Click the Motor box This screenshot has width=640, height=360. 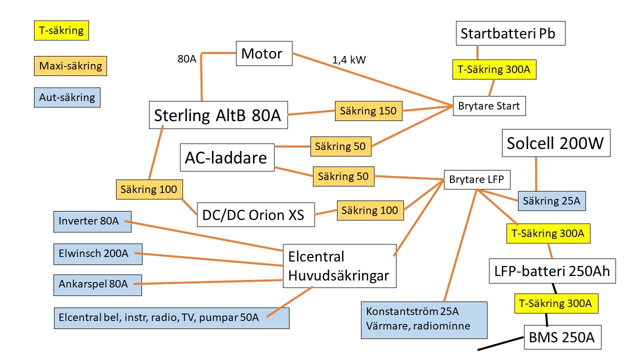click(x=264, y=53)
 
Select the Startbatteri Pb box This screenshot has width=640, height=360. click(x=510, y=34)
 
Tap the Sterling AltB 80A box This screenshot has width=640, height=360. click(x=218, y=115)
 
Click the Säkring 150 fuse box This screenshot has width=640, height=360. click(x=368, y=111)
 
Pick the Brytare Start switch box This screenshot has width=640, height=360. click(x=489, y=106)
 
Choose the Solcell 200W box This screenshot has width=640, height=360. click(x=556, y=144)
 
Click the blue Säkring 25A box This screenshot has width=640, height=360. click(x=551, y=201)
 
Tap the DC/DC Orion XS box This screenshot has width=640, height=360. click(x=256, y=214)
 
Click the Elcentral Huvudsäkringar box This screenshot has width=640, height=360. click(x=339, y=266)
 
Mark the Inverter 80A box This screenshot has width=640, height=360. click(x=92, y=221)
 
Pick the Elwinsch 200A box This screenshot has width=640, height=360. click(x=98, y=254)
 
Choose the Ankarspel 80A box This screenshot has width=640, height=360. click(x=97, y=284)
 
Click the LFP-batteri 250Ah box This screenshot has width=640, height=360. click(x=548, y=272)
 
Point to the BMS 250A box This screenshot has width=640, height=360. click(x=561, y=337)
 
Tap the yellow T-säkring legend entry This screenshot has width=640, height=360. click(x=61, y=31)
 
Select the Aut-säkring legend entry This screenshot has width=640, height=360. click(x=67, y=97)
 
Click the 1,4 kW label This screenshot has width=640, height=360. click(x=349, y=60)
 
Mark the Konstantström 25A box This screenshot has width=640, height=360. click(x=423, y=319)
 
